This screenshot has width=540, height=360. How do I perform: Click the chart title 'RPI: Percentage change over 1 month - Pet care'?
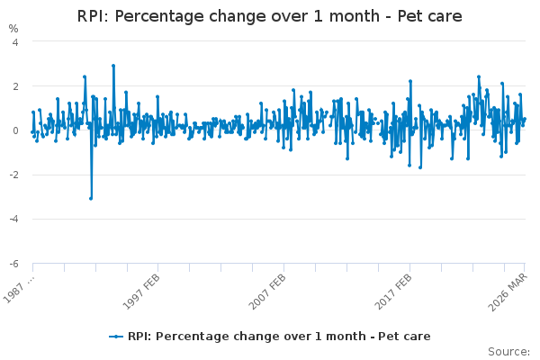(269, 16)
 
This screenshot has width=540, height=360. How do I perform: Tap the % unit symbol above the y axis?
(13, 29)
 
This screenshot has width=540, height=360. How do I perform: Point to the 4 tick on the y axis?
(15, 42)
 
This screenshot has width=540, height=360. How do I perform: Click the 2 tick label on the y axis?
(15, 86)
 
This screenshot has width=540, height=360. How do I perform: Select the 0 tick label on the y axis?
(15, 130)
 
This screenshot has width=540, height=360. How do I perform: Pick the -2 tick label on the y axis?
(13, 175)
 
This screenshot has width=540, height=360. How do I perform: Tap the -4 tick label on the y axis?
(13, 219)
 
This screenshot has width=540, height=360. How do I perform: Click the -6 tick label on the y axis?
(13, 264)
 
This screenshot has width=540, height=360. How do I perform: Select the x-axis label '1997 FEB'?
(141, 292)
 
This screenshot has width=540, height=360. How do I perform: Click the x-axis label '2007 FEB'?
(267, 292)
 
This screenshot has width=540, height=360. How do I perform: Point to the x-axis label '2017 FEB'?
(393, 292)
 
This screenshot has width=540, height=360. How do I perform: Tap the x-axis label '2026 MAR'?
(508, 292)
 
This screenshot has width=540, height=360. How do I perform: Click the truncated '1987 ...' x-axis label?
(19, 289)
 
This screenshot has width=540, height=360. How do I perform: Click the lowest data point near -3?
(91, 198)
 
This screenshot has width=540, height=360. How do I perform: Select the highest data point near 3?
(113, 66)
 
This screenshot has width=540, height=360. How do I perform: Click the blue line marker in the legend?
(116, 337)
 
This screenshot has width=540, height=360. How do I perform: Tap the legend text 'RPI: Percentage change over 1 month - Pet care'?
(279, 337)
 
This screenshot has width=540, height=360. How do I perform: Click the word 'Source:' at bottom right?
(508, 352)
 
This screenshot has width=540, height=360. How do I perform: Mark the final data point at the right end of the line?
(525, 119)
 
